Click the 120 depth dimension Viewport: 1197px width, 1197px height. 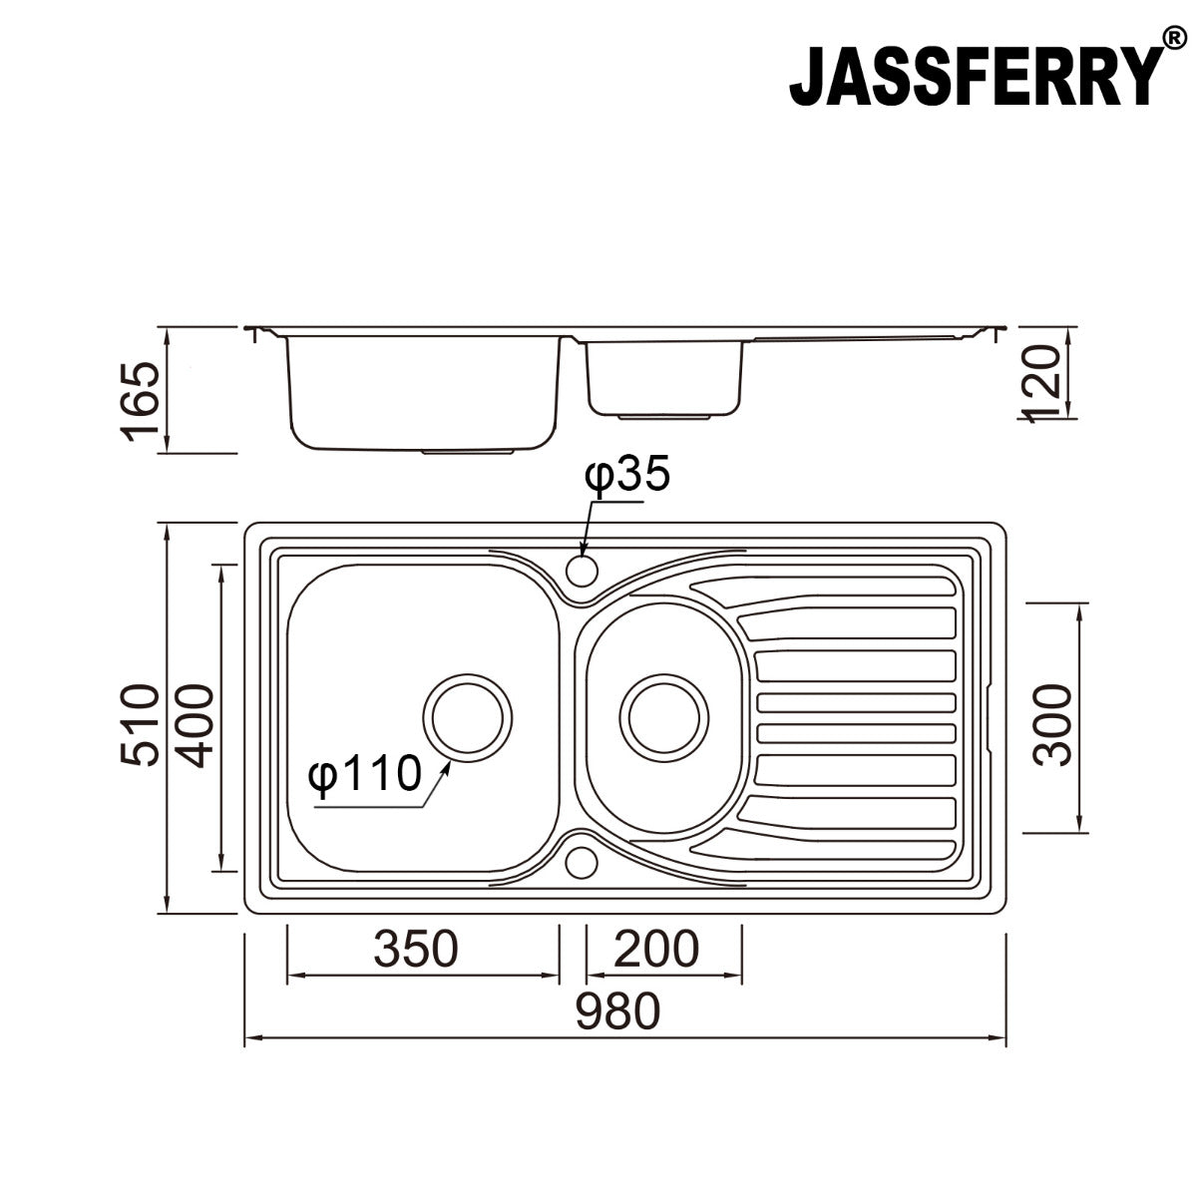coord(1043,383)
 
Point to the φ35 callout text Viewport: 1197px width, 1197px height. coord(627,476)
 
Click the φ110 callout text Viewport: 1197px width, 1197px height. coord(363,774)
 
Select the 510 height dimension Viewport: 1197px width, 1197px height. coord(139,724)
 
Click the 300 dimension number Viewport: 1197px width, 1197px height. coord(1052,724)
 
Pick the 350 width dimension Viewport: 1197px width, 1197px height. coord(416,950)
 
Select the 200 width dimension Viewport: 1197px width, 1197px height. coord(655,950)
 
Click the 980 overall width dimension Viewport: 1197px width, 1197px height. coord(617,1012)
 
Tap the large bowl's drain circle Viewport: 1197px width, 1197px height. coord(468,716)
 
